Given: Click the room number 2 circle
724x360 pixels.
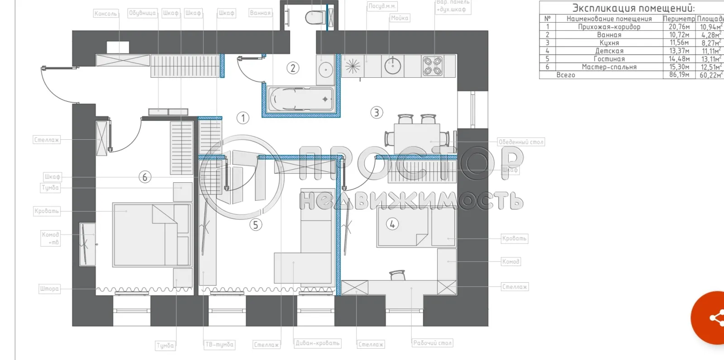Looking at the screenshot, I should pyautogui.click(x=293, y=68).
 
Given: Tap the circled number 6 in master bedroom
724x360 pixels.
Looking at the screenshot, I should pyautogui.click(x=145, y=177).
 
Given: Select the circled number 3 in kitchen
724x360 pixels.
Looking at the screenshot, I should pyautogui.click(x=376, y=112).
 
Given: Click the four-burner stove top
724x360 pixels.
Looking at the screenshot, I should pyautogui.click(x=432, y=66).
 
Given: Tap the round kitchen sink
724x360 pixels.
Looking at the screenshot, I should pyautogui.click(x=393, y=66).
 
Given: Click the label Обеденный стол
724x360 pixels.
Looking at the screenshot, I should pyautogui.click(x=520, y=142).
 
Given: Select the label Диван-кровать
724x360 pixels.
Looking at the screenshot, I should pyautogui.click(x=317, y=343).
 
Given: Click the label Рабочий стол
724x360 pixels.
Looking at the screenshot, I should pyautogui.click(x=432, y=343).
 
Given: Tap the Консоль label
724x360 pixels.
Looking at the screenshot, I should pyautogui.click(x=105, y=14).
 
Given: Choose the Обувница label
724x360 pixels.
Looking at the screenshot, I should pyautogui.click(x=142, y=13).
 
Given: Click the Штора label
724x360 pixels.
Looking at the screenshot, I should pyautogui.click(x=49, y=289).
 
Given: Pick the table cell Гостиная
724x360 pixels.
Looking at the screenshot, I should pyautogui.click(x=609, y=59).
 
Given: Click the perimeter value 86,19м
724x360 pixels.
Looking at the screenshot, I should pyautogui.click(x=679, y=75).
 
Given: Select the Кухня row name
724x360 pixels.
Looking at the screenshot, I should pyautogui.click(x=609, y=43).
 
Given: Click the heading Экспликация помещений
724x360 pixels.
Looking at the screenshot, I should pyautogui.click(x=633, y=8).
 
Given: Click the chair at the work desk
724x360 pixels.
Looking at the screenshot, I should pyautogui.click(x=397, y=275).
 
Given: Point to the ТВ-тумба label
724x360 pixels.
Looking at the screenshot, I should pyautogui.click(x=219, y=345).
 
